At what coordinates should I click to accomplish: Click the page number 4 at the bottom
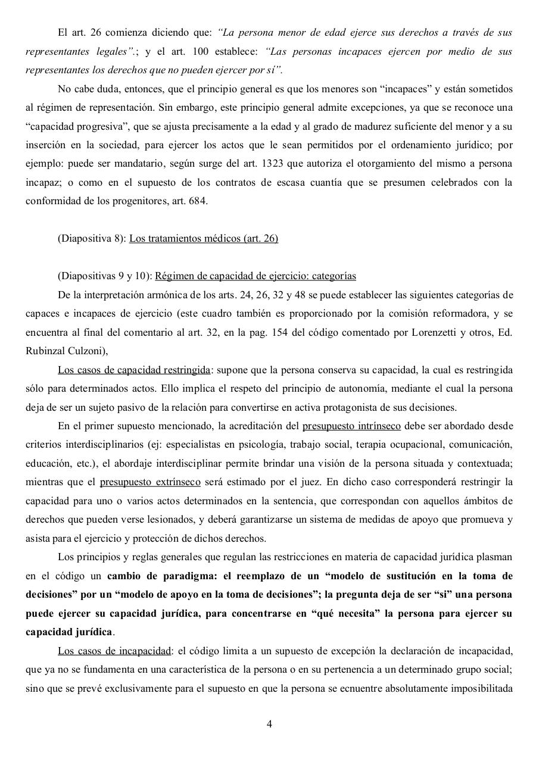pos(269,724)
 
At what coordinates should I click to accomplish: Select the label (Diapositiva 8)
pos(92,239)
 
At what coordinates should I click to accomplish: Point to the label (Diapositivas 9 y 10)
pos(105,276)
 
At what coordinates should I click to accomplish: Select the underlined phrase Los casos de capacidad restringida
pos(134,370)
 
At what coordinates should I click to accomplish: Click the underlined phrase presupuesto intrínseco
pos(351,426)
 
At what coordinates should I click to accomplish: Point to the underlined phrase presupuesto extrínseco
pos(150,482)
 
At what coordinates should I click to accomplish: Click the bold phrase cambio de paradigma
pos(155,576)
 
